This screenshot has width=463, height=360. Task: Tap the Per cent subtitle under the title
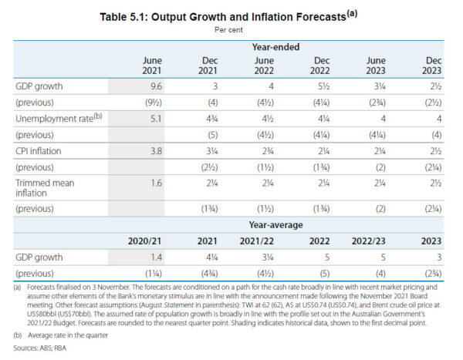pos(231,31)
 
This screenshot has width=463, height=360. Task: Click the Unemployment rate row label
pos(55,119)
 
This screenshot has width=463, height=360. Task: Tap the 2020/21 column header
pos(144,241)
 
